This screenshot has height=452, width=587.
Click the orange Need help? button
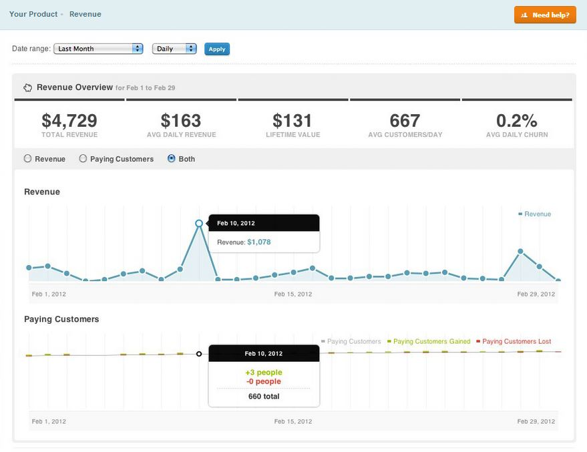545,15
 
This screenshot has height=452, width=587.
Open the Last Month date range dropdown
98,49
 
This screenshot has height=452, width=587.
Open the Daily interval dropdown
174,49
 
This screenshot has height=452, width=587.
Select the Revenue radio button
27,159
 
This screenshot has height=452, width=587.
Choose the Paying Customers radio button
83,159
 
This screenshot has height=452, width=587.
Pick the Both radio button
172,159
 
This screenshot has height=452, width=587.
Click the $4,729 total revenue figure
69,121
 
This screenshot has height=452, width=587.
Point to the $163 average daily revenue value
181,121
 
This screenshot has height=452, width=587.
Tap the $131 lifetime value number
292,121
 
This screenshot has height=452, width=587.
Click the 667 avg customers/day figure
405,121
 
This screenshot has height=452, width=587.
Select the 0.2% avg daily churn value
517,121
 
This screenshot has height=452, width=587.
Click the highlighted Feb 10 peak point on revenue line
199,224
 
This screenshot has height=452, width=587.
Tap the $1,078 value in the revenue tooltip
259,242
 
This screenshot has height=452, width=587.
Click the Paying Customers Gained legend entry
431,342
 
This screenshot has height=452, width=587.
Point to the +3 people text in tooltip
264,373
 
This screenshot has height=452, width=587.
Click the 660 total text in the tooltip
264,396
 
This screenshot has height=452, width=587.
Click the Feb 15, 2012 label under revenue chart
293,294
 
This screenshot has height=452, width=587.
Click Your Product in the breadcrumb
33,14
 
